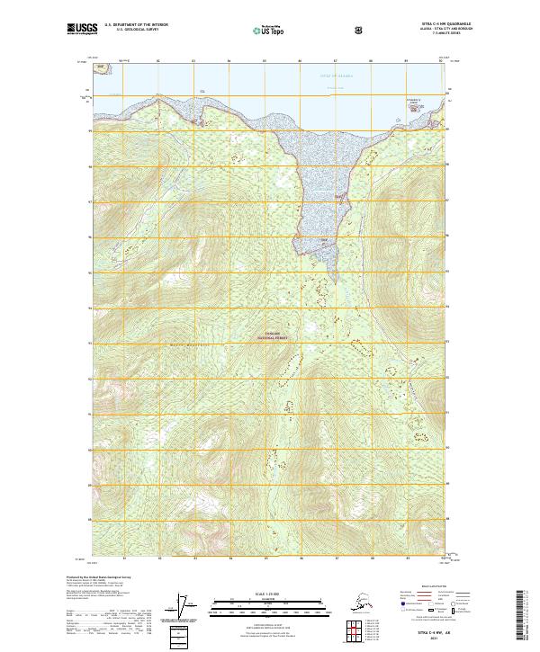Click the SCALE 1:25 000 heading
point(268,593)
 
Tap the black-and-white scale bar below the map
point(268,603)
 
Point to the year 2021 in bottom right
point(434,641)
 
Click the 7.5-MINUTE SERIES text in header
point(424,36)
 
